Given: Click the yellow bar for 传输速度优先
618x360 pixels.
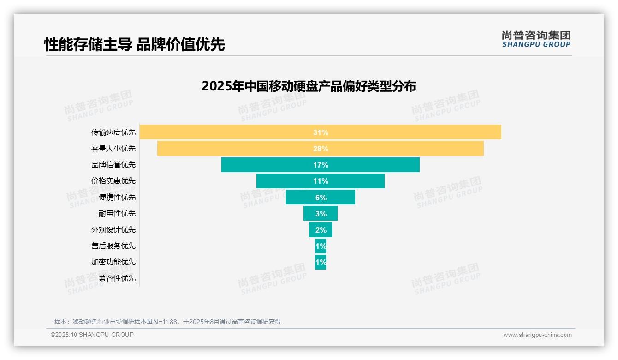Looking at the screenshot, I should point(231,132).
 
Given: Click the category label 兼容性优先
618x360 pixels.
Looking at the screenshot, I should point(117,278).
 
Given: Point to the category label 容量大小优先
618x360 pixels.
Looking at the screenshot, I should point(113,149).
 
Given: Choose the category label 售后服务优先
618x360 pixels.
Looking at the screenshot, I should point(113,246).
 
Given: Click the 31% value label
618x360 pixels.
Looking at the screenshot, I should point(321,132).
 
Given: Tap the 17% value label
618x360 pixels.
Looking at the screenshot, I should point(321,165).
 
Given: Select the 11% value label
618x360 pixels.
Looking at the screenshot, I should point(321,181).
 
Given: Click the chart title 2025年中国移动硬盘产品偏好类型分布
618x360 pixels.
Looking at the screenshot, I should point(309,86).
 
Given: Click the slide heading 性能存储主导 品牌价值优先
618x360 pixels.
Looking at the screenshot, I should point(134,44).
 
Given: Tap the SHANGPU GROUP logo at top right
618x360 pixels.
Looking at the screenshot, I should point(536,39).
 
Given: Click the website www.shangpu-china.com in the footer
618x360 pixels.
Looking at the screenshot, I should point(537,335).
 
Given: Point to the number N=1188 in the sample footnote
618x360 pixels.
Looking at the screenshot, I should point(165,322).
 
